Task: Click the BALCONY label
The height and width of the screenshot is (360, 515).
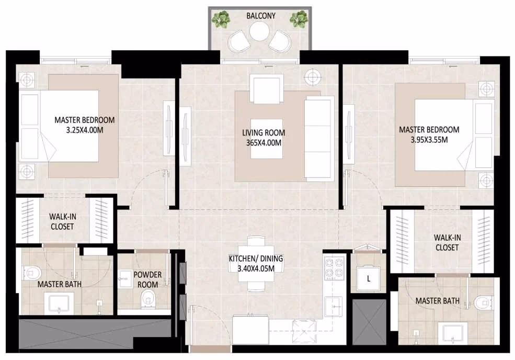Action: pyautogui.click(x=261, y=16)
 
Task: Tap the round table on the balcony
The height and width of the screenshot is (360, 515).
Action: pyautogui.click(x=259, y=32)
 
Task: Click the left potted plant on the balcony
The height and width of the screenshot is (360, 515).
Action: pyautogui.click(x=221, y=19)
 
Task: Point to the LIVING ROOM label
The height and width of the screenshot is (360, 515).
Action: pyautogui.click(x=264, y=133)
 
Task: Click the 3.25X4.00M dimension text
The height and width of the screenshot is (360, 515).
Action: pyautogui.click(x=85, y=130)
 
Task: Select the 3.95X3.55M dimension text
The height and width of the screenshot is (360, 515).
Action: pyautogui.click(x=429, y=140)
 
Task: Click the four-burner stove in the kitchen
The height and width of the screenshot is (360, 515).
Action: pyautogui.click(x=334, y=267)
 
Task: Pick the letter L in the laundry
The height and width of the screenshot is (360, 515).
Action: pyautogui.click(x=369, y=279)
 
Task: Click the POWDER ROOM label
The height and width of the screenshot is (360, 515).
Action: pyautogui.click(x=147, y=279)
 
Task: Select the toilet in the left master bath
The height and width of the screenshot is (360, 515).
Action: pyautogui.click(x=32, y=273)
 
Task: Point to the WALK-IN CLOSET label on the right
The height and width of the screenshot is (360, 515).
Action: pyautogui.click(x=447, y=242)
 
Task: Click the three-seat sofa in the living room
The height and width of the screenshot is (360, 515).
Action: pyautogui.click(x=317, y=139)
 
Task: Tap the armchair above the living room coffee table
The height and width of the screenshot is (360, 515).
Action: pyautogui.click(x=266, y=89)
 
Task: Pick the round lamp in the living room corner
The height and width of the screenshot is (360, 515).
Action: pyautogui.click(x=312, y=77)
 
